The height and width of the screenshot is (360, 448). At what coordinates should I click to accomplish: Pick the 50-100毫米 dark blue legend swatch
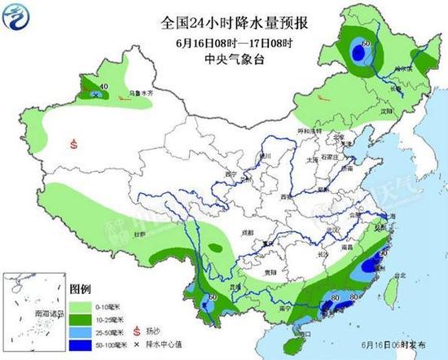pyautogui.click(x=80, y=345)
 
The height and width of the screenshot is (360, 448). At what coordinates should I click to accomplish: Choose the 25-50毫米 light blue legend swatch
pyautogui.click(x=80, y=331)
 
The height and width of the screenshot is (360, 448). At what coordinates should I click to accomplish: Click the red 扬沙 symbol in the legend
pyautogui.click(x=136, y=331)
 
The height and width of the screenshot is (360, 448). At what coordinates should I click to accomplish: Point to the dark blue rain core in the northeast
pyautogui.click(x=357, y=53)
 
